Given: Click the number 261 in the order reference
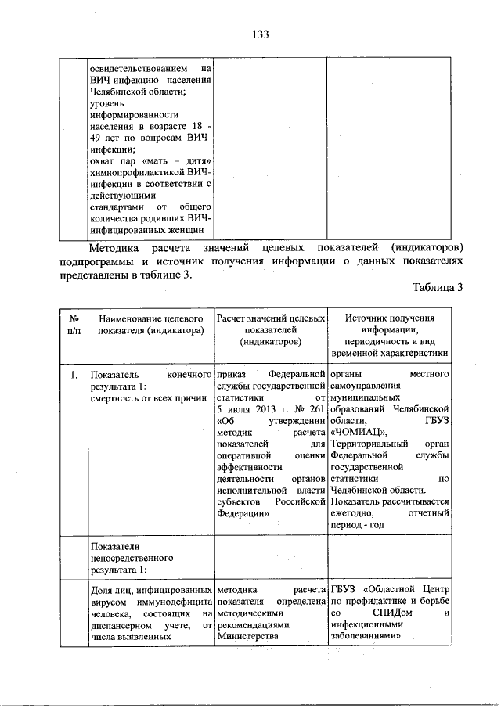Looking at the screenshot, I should tap(312, 410).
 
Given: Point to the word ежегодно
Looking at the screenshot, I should tap(354, 513).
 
